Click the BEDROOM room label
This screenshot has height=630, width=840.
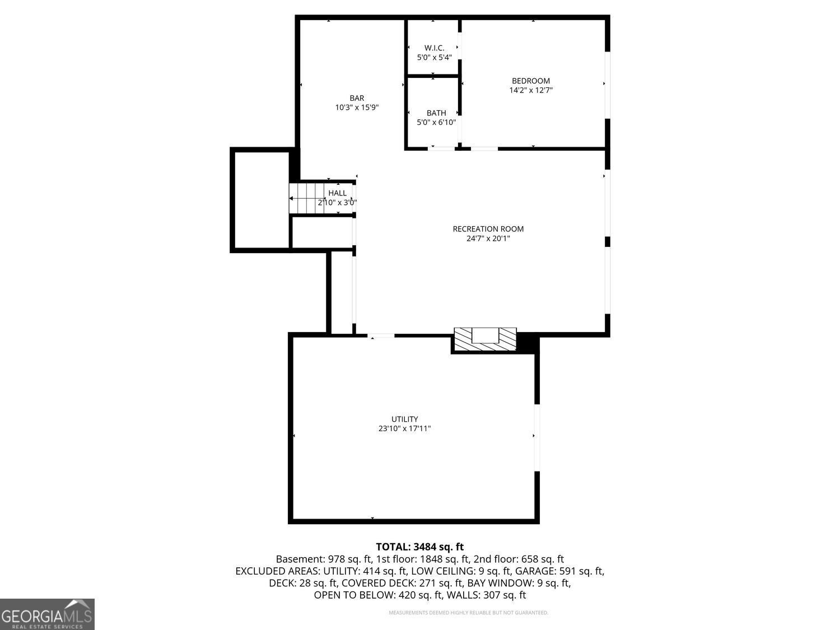pos(530,81)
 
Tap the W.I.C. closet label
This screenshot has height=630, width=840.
pos(434,48)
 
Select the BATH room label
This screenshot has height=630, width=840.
pos(436,113)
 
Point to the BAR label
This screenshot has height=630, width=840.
pos(357,98)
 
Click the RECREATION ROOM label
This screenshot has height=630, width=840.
pos(488,228)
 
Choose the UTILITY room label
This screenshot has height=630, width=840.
pos(404,419)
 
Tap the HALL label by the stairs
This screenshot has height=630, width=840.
pos(337,193)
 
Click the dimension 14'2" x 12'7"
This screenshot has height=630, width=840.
pos(531,90)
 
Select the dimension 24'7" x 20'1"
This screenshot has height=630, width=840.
pos(488,239)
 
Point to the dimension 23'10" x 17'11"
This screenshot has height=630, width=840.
pos(404,428)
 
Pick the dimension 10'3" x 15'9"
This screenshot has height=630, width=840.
pos(357,108)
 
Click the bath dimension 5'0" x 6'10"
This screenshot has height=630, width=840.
pos(436,123)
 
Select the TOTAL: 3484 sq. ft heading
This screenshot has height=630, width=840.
pos(419,547)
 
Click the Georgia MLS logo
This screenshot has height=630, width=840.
pos(47,614)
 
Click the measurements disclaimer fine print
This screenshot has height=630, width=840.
pos(468,613)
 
